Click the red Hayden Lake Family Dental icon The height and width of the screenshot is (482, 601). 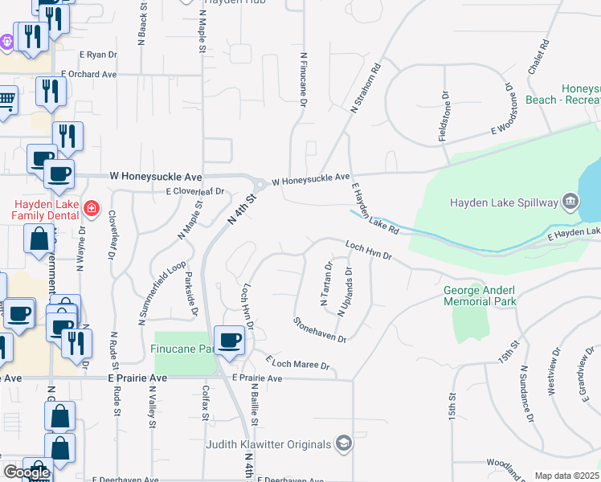click(92, 210)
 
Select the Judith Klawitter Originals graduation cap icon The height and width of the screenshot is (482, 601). click(344, 444)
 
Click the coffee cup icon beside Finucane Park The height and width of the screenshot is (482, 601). click(230, 339)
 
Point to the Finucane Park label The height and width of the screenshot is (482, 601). click(182, 349)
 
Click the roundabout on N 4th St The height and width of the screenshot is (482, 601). click(260, 184)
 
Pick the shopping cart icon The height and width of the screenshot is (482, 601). click(6, 100)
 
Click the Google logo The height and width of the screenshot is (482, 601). click(27, 472)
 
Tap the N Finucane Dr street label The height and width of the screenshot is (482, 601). click(304, 80)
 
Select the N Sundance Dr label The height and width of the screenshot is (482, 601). click(525, 394)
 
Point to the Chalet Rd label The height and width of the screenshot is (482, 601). click(538, 57)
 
